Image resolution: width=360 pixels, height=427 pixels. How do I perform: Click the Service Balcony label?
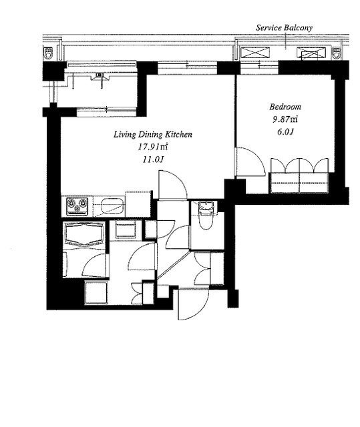pos(284,28)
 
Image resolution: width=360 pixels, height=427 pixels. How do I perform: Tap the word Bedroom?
pos(285,107)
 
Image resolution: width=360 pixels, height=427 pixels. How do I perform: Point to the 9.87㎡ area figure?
pos(285,119)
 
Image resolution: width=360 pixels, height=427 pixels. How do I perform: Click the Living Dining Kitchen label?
pos(153,135)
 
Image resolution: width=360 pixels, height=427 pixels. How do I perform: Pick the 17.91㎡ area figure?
pos(152,147)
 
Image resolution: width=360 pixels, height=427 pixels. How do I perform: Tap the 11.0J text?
pos(153,159)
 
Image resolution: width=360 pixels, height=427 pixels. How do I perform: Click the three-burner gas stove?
pos(77,206)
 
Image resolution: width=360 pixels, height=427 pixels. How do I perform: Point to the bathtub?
pos(84,234)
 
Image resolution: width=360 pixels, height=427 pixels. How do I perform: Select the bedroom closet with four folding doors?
pos(299,175)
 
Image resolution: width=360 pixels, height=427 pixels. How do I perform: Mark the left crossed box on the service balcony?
pos(255,52)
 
